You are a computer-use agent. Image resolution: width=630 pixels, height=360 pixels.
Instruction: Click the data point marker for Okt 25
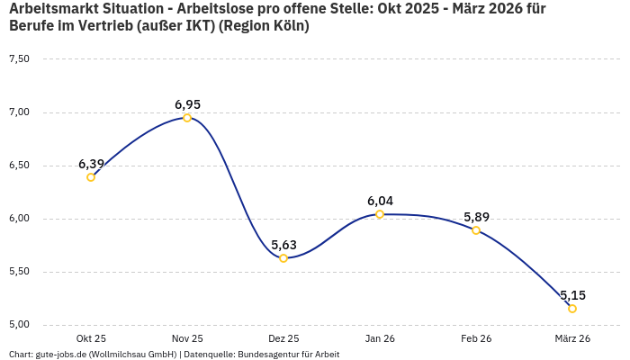[x=91, y=177]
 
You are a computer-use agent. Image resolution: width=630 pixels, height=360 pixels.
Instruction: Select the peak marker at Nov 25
[x=187, y=118]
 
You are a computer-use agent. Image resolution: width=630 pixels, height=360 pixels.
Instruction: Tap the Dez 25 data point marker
[x=283, y=258]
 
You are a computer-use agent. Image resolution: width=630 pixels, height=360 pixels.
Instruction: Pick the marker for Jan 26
[x=380, y=214]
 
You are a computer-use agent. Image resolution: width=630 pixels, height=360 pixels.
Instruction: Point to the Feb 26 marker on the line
[x=476, y=230]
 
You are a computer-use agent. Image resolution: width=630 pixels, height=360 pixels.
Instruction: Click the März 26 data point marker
[x=572, y=309]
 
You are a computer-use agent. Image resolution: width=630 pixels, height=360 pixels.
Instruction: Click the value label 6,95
[x=187, y=104]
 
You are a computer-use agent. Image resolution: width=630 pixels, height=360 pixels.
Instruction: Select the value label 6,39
[x=91, y=164]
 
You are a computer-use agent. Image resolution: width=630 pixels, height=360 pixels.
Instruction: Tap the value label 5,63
[x=283, y=245]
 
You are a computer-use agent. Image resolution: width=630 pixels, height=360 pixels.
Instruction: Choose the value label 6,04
[x=380, y=201]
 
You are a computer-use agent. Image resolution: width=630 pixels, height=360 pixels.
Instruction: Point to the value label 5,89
[x=476, y=217]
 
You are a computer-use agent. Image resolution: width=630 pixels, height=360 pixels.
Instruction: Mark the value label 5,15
[x=572, y=295]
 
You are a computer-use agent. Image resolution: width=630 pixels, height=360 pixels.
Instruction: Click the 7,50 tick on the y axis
[x=19, y=59]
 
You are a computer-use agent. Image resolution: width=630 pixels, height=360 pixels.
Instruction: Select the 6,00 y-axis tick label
[x=19, y=219]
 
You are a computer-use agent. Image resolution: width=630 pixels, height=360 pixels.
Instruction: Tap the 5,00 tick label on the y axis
[x=19, y=325]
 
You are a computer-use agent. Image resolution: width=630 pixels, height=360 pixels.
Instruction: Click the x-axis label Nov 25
[x=187, y=338]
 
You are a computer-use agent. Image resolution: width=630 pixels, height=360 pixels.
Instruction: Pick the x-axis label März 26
[x=572, y=338]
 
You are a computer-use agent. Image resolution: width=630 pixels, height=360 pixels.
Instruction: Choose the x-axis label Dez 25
[x=283, y=338]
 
